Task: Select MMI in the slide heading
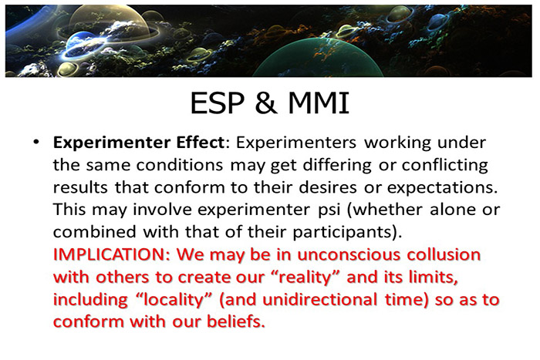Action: click(314, 102)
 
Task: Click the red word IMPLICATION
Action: click(110, 254)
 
